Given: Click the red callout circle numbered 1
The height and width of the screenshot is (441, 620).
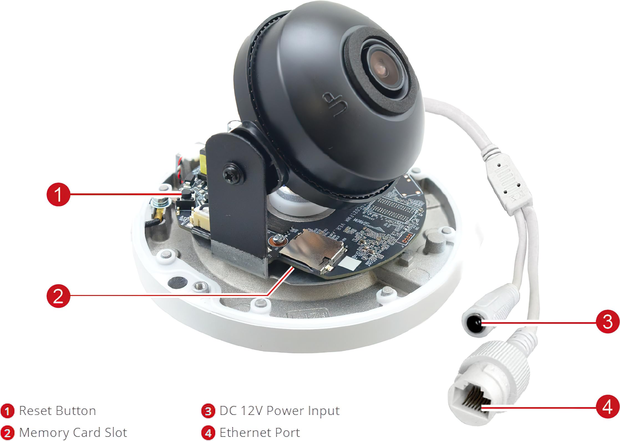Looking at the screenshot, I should pyautogui.click(x=58, y=194).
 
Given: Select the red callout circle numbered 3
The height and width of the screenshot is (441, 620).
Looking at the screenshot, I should pyautogui.click(x=608, y=322).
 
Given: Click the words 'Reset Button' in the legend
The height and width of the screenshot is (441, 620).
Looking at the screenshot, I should pyautogui.click(x=57, y=411).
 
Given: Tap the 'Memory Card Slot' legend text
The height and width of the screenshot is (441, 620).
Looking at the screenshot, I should pyautogui.click(x=73, y=432).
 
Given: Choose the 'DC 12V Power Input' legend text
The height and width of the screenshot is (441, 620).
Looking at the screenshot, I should pyautogui.click(x=279, y=411).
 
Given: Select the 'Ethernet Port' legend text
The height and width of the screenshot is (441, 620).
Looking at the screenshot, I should pyautogui.click(x=260, y=432).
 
